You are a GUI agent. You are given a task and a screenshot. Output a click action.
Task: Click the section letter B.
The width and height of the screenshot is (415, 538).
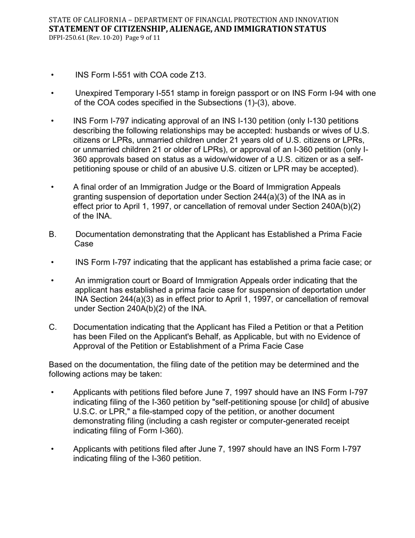(x=53, y=234)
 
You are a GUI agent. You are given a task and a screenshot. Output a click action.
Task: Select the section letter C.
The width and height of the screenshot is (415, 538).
(x=53, y=327)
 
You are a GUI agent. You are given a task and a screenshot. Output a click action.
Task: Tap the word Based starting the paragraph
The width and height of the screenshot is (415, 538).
(x=60, y=365)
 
